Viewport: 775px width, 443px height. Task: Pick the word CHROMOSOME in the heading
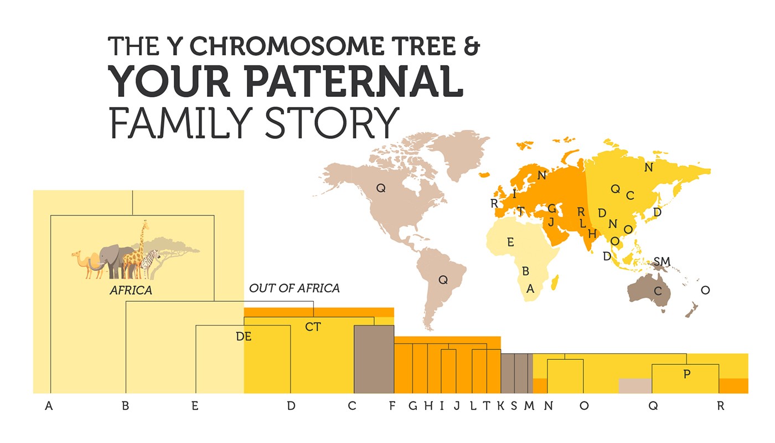point(285,45)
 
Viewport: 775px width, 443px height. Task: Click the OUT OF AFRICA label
point(294,288)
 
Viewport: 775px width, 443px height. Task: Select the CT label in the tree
point(313,327)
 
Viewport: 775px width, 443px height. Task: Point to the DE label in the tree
point(244,336)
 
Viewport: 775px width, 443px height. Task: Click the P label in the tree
point(687,374)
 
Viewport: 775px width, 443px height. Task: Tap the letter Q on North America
point(381,188)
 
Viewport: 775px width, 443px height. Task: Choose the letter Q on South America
point(443,280)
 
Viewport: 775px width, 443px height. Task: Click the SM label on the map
point(662,261)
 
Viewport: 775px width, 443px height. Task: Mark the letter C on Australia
point(658,291)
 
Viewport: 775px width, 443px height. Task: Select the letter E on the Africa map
point(510,242)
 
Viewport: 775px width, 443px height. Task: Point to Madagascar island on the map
point(554,284)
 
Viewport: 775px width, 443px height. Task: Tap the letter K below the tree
point(500,406)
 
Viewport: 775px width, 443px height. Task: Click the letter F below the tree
point(392,406)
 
